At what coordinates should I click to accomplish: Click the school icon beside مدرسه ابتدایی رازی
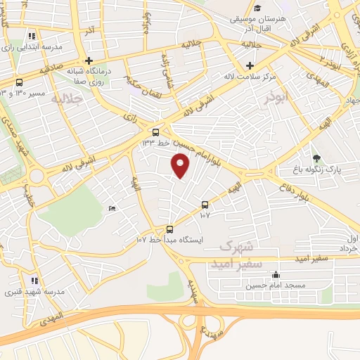(32, 36)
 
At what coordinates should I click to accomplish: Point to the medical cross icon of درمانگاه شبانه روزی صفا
(89, 60)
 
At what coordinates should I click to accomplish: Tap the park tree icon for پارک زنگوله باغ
(316, 157)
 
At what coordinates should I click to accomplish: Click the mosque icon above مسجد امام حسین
(276, 275)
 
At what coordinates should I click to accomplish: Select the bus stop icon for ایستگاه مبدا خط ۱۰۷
(169, 229)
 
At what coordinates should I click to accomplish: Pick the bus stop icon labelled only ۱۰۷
(205, 205)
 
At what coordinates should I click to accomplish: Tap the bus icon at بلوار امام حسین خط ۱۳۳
(155, 131)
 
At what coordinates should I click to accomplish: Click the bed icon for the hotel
(112, 209)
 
